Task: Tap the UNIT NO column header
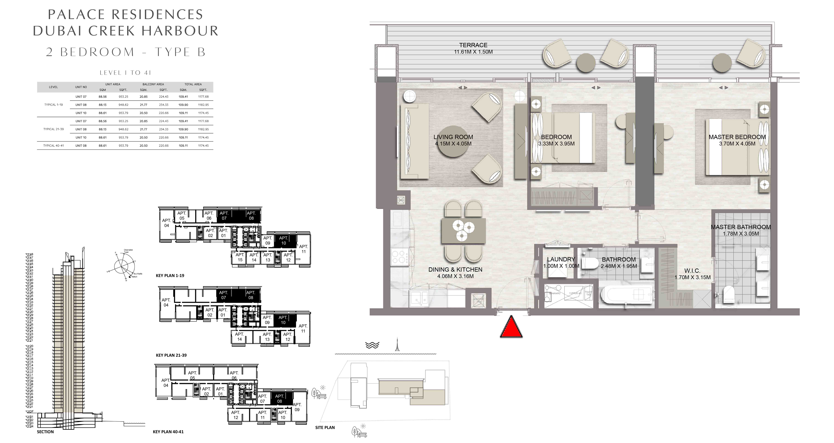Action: [x=81, y=87]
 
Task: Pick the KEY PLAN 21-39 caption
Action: [x=171, y=355]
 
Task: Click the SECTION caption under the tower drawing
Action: [x=45, y=432]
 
